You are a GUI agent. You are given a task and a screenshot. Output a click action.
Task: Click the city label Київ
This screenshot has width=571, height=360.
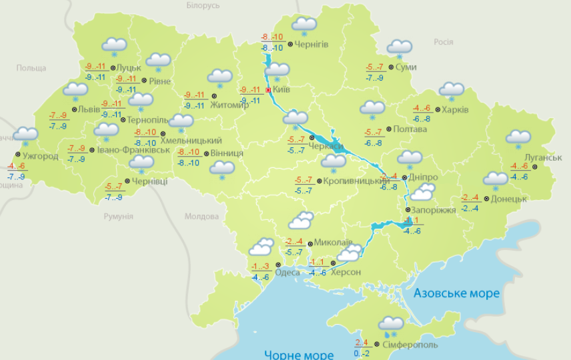[x=282, y=89]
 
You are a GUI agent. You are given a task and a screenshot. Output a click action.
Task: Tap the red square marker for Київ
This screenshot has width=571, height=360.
[x=268, y=89]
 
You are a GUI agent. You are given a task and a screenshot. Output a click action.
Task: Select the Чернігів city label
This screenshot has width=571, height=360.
[x=311, y=45]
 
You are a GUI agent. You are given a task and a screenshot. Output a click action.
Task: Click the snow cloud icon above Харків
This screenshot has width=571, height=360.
[x=452, y=91]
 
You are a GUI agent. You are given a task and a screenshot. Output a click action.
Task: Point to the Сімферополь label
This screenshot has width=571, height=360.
[x=410, y=345]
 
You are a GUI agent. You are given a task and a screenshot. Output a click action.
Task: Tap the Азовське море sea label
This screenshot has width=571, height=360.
[x=456, y=293]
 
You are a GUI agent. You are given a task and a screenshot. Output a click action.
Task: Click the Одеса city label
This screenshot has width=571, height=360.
[x=288, y=272]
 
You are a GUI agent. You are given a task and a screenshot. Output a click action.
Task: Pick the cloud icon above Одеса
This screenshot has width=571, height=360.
[x=261, y=248]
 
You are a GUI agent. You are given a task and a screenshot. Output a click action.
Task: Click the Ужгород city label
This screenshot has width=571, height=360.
[x=41, y=157]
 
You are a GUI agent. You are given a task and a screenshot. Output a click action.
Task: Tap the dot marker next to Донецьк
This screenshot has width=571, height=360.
[x=486, y=199]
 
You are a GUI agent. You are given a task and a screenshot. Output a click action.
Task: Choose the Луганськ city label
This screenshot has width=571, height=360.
[x=543, y=157]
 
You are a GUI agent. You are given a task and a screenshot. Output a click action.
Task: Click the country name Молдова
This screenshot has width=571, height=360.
[x=201, y=217]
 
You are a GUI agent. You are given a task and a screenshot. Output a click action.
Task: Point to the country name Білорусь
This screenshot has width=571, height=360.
[x=203, y=5]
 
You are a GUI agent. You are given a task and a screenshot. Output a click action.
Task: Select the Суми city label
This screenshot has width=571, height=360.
[x=406, y=67]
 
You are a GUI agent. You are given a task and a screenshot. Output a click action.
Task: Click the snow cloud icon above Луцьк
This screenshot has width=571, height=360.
[x=114, y=47]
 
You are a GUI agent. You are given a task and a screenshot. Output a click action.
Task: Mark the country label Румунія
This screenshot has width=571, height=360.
[x=119, y=217]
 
